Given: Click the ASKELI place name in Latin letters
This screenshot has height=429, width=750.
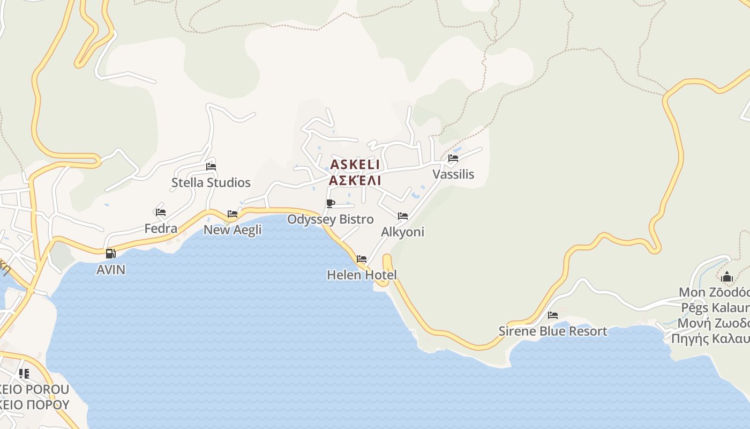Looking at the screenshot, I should [355, 164].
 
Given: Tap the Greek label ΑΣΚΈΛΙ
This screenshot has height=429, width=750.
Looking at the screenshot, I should [355, 180].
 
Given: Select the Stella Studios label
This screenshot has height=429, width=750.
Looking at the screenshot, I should [211, 183].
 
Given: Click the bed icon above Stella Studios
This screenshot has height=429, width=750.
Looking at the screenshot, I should [211, 166].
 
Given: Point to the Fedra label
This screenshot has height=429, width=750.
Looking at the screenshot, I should [161, 229].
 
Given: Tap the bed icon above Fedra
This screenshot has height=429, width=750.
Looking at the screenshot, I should [161, 212].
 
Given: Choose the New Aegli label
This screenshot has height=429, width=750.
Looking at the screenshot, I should [232, 230].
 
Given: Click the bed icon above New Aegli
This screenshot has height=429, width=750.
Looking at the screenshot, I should [232, 213].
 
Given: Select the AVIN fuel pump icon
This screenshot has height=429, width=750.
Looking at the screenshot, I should [111, 254].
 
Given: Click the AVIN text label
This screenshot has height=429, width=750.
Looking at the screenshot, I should [111, 270].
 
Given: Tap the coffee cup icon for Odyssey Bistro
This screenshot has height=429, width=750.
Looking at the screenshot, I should [331, 203].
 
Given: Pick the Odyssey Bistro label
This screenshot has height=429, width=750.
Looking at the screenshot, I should [331, 219].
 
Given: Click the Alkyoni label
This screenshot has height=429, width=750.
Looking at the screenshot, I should [402, 232].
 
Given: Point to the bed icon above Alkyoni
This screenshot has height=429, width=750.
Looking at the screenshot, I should [403, 216].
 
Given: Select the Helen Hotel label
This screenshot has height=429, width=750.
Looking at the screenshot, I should [362, 275].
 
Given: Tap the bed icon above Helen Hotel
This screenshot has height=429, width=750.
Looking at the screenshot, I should [362, 259].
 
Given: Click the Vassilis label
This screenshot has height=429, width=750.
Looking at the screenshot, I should [453, 174].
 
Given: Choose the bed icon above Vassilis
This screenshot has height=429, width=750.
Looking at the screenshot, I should [453, 158].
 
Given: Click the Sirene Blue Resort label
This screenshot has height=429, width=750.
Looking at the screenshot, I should [553, 331].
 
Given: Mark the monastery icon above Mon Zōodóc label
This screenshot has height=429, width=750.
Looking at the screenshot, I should [727, 277].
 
